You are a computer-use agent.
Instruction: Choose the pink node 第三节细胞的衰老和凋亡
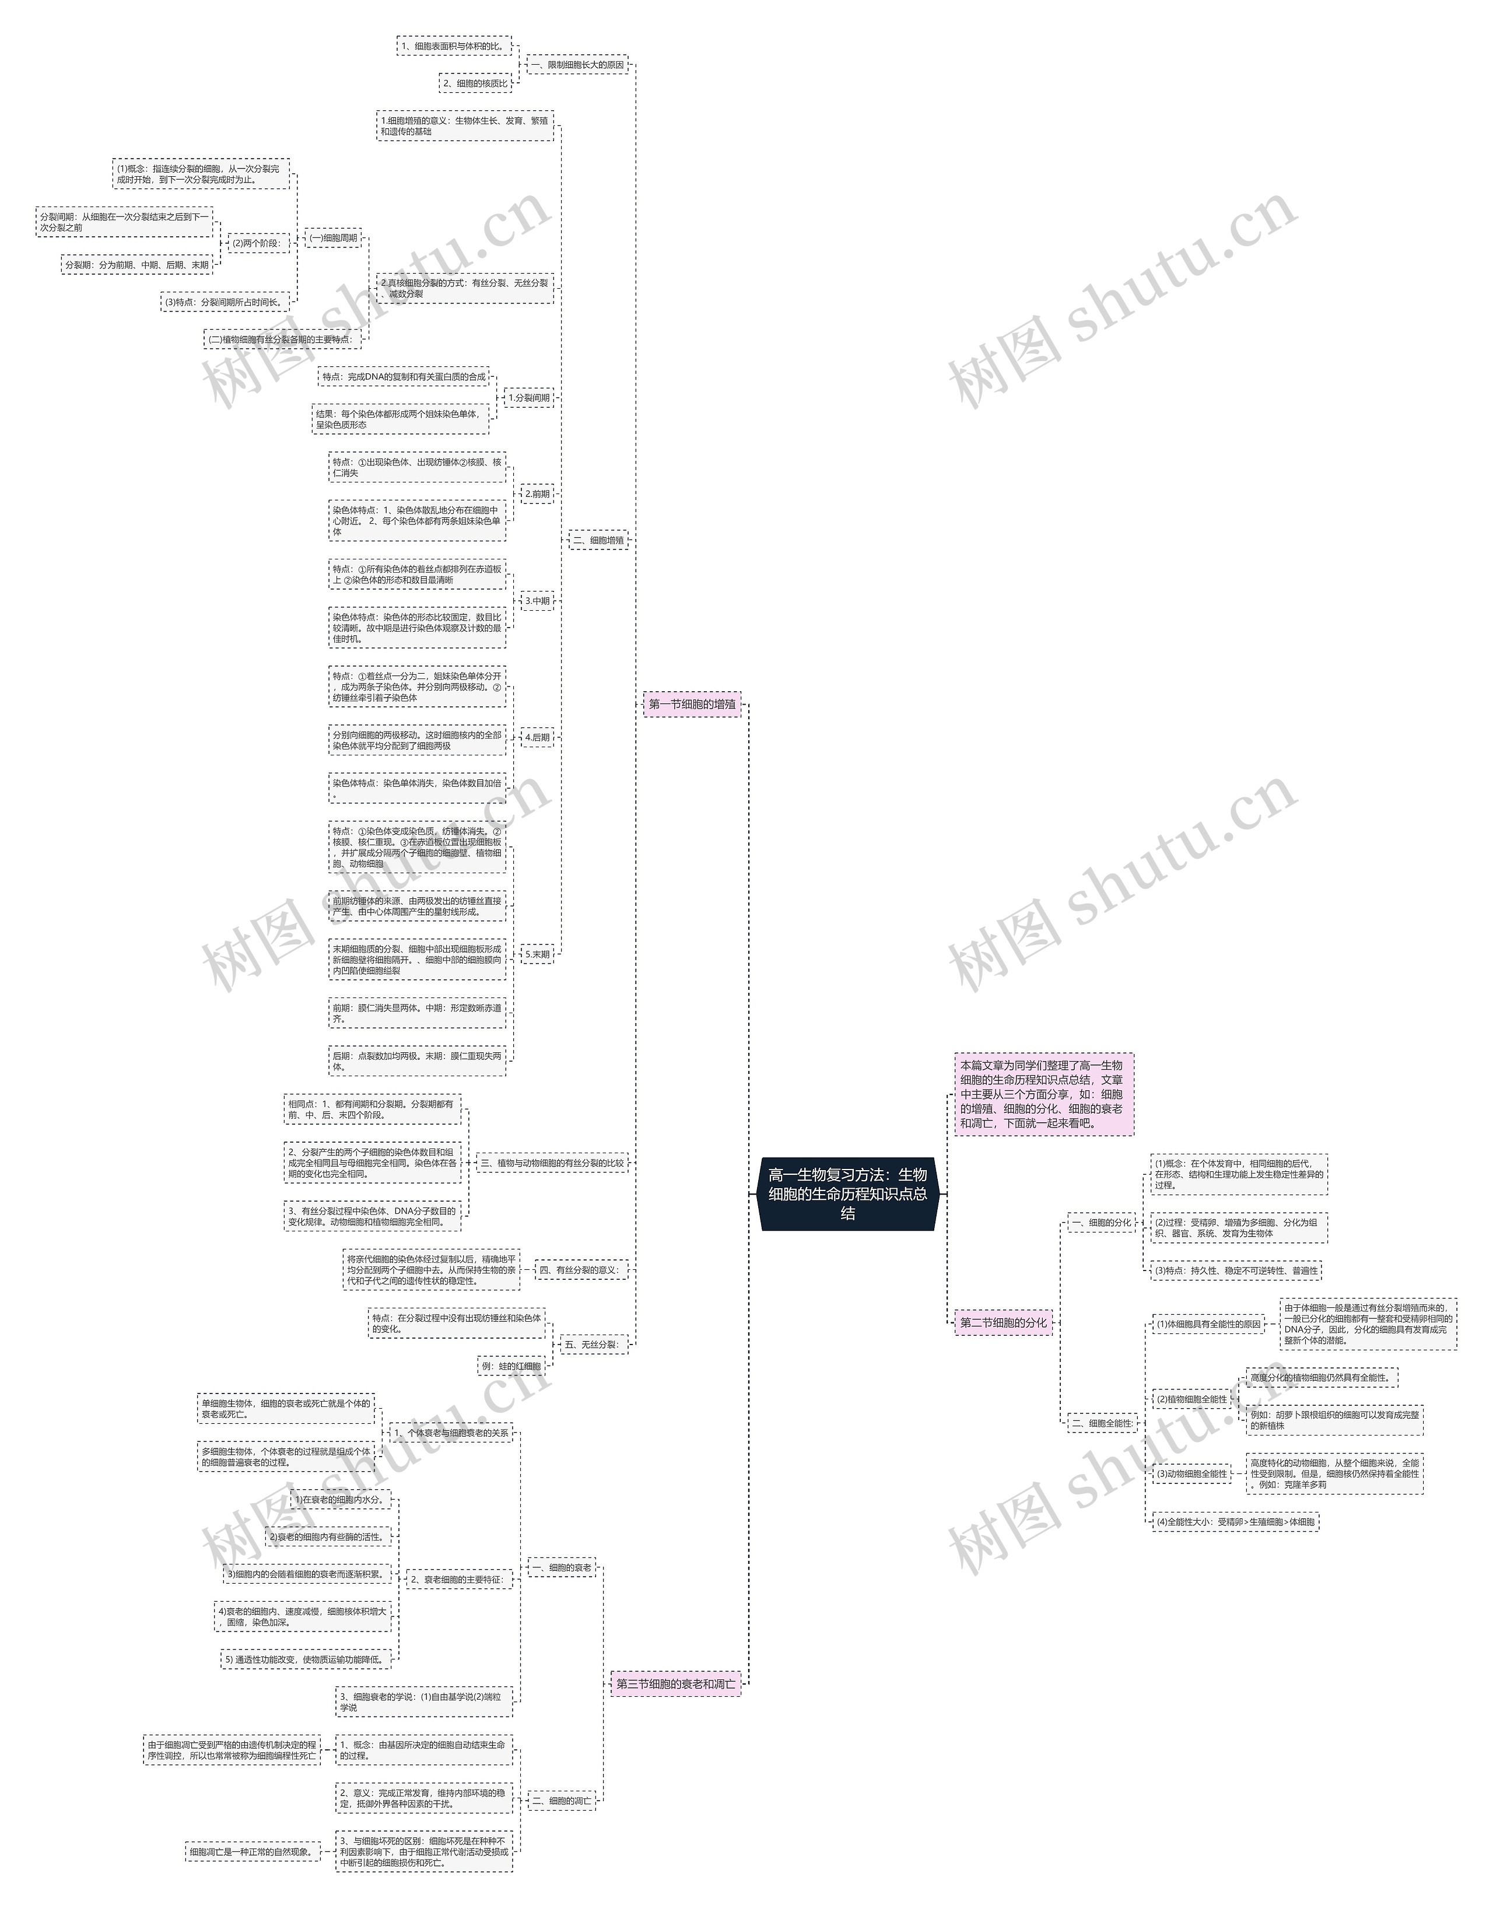point(676,1683)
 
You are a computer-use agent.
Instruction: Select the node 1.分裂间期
point(529,398)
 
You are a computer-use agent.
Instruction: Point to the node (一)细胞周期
point(333,238)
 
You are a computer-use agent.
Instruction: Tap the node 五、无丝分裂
point(593,1345)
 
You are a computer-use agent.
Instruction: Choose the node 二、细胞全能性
point(1102,1423)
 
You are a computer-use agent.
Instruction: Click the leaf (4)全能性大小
point(1235,1522)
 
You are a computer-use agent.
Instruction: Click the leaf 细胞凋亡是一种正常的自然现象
point(252,1851)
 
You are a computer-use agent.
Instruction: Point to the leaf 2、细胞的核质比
point(475,83)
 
